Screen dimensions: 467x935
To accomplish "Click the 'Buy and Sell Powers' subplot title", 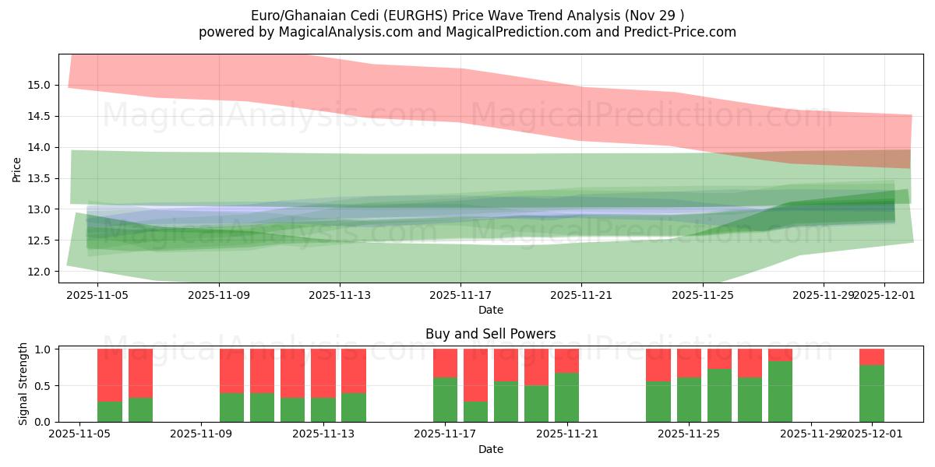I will tap(490, 334).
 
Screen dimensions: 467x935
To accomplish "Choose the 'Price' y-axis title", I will tap(17, 169).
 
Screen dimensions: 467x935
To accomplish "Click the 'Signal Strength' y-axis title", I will tap(23, 383).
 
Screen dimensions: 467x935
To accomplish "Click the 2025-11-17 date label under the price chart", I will tap(460, 296).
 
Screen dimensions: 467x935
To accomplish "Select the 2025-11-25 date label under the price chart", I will tap(703, 296).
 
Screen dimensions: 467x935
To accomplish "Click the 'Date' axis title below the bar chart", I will tap(490, 449).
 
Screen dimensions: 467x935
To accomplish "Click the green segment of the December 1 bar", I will tap(872, 394).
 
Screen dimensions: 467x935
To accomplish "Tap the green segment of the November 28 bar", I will tap(780, 392).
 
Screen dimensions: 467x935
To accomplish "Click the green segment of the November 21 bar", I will tap(567, 398).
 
